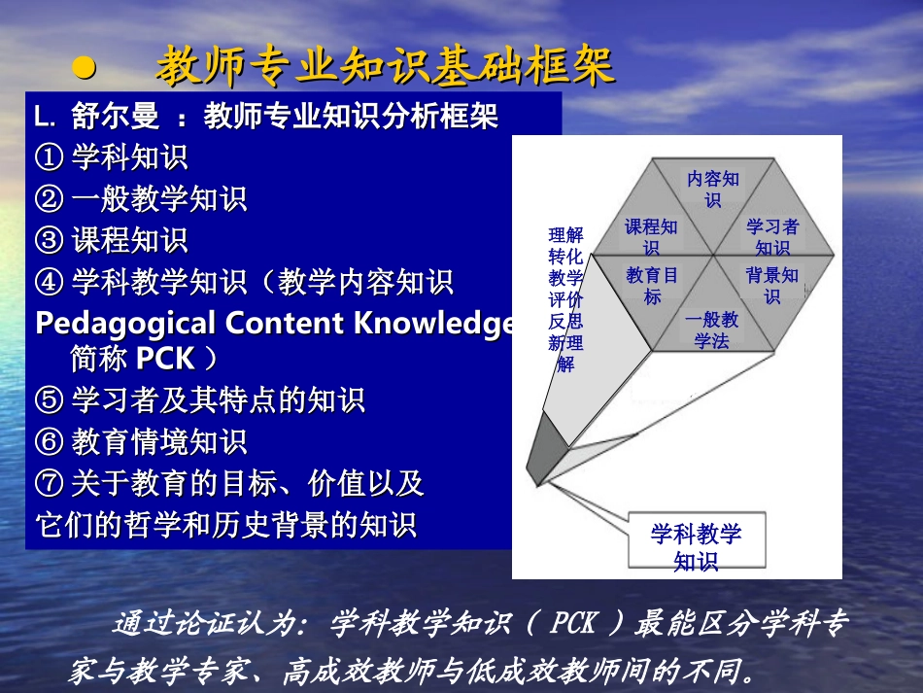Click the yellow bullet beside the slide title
85,68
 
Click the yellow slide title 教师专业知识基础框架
386,65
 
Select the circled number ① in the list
49,157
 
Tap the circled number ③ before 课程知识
49,240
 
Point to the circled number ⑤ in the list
49,400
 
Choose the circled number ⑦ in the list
49,483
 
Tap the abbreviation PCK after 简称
165,358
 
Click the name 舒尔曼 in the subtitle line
116,116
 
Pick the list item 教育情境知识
159,441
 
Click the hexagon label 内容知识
713,189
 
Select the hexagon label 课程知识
651,237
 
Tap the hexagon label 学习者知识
772,237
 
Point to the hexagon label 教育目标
652,286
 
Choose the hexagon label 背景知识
772,286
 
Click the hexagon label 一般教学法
711,329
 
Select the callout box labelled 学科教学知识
697,540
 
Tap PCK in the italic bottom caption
574,623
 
